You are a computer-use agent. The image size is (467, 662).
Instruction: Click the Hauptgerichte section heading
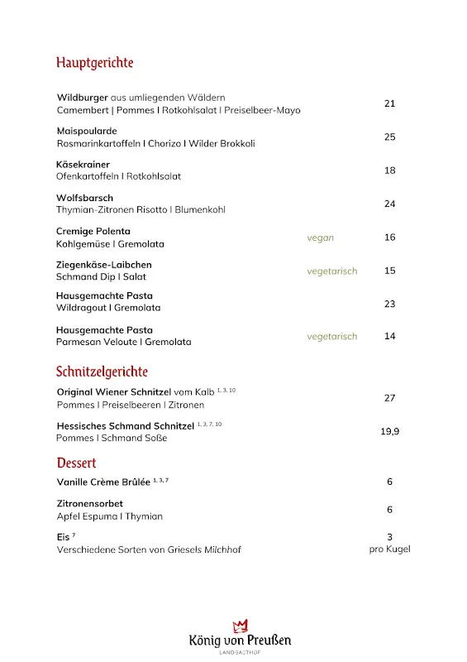(x=94, y=63)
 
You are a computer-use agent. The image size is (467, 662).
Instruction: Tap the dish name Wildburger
(x=82, y=98)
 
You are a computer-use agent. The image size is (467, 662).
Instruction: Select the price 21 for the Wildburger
(x=390, y=103)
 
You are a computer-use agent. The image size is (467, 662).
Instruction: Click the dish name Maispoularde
(x=87, y=131)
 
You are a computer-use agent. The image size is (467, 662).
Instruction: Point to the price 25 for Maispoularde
(x=390, y=137)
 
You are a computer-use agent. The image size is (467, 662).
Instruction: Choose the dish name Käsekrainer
(x=83, y=165)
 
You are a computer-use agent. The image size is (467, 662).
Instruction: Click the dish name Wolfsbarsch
(x=84, y=198)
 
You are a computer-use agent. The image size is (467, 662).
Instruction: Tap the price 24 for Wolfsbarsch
(x=390, y=204)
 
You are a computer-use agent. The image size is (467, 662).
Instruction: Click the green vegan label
(x=321, y=237)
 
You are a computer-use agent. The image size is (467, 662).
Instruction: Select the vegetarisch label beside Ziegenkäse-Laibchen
(x=332, y=271)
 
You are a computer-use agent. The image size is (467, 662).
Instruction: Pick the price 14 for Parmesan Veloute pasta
(x=390, y=336)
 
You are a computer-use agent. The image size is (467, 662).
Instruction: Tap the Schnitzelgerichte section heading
(x=102, y=372)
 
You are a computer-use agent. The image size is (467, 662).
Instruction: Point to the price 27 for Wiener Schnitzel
(x=390, y=398)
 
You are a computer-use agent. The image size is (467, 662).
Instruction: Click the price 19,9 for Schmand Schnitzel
(x=390, y=431)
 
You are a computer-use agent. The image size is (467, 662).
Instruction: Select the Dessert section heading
(x=76, y=463)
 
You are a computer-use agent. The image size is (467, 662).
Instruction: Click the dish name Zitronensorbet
(x=90, y=503)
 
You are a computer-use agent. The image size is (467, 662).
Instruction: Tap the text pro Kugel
(x=390, y=549)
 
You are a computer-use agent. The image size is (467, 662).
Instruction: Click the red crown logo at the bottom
(x=240, y=625)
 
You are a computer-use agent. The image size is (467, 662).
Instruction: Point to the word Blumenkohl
(x=200, y=210)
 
